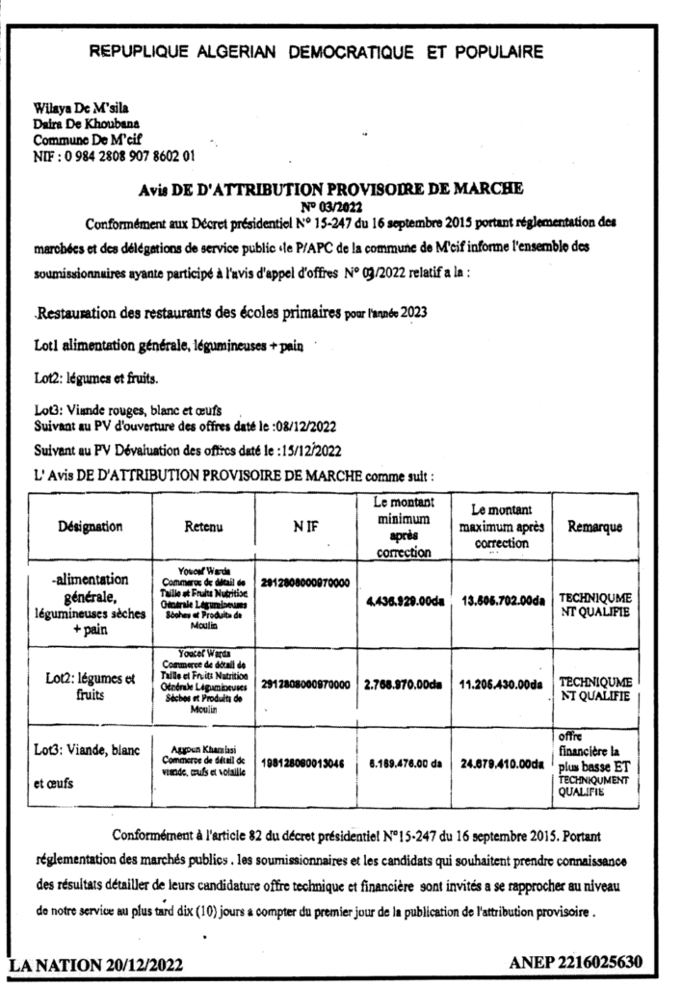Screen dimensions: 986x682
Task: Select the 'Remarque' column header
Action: pyautogui.click(x=594, y=527)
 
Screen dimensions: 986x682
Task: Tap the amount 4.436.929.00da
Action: pyautogui.click(x=404, y=602)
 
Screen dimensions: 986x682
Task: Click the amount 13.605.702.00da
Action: pyautogui.click(x=500, y=602)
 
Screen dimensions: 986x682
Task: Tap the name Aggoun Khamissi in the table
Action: pyautogui.click(x=204, y=746)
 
